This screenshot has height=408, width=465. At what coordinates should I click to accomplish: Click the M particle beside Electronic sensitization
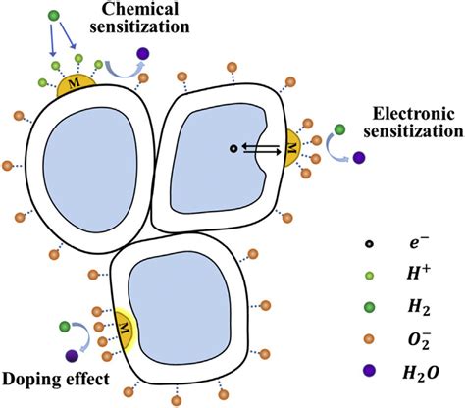pyautogui.click(x=291, y=149)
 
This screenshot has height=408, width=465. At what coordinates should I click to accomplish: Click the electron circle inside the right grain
pyautogui.click(x=232, y=149)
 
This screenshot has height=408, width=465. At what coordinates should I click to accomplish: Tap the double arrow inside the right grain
pyautogui.click(x=261, y=149)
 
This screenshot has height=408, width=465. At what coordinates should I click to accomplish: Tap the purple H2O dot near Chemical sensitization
pyautogui.click(x=144, y=54)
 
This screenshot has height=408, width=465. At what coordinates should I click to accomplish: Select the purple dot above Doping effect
pyautogui.click(x=72, y=355)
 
